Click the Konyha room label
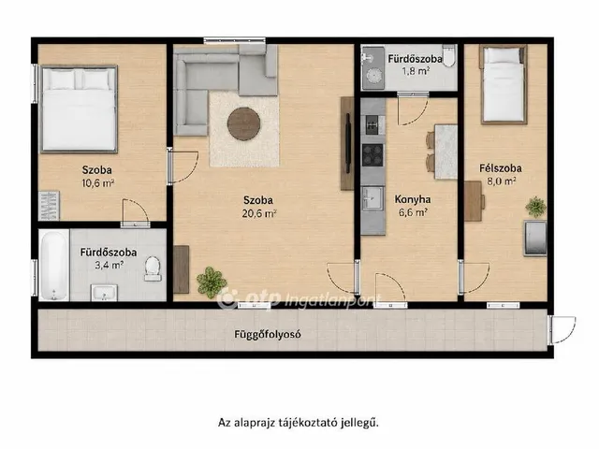[413, 199]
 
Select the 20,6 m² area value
[259, 213]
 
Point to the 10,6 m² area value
[97, 183]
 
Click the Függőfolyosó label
[268, 335]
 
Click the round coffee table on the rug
[244, 123]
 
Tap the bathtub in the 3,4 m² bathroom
[54, 265]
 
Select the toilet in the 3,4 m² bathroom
[153, 268]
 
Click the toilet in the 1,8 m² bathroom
[449, 56]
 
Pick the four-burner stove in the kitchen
[373, 154]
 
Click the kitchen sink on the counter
[373, 198]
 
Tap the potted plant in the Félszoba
[535, 207]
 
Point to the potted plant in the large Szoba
[212, 282]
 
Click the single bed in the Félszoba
[504, 84]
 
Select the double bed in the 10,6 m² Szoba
[79, 109]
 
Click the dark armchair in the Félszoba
[535, 239]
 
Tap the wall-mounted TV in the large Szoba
[348, 143]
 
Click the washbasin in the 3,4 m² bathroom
[104, 293]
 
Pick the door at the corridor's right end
[562, 330]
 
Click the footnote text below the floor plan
[299, 423]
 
